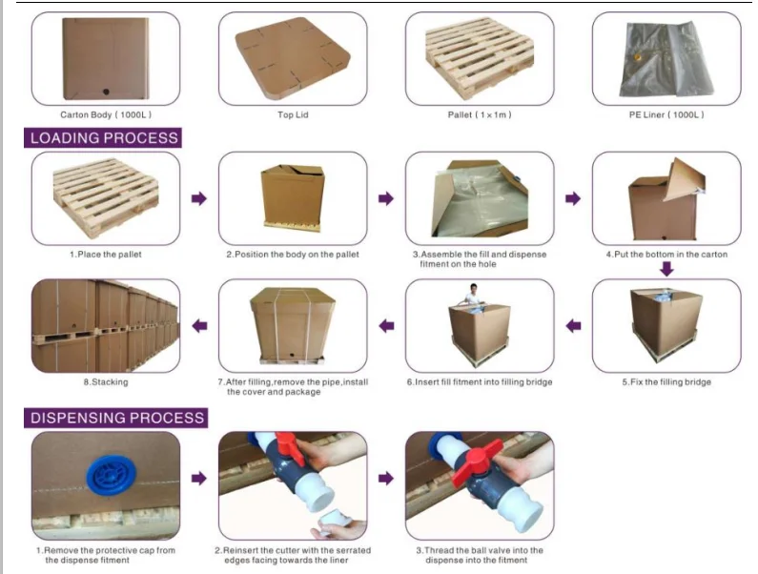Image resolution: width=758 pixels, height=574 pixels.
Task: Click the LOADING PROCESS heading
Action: coord(104,138)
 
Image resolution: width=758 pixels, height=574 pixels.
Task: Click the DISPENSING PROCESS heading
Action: coord(117,418)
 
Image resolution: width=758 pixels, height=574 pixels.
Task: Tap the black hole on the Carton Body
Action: coord(107,92)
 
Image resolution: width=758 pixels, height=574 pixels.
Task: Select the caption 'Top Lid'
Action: coord(293,114)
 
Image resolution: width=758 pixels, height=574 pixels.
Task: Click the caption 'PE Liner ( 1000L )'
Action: coord(666,114)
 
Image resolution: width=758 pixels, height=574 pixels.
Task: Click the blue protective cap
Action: coord(111,476)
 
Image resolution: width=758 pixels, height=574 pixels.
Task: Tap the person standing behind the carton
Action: coord(473,294)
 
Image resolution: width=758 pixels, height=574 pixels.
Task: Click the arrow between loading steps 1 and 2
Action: coord(198,198)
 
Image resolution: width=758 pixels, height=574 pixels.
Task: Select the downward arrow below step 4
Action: coord(666,269)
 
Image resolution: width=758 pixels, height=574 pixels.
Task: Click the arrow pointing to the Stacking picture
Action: coord(199,326)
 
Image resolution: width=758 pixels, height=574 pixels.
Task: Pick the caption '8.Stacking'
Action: coord(106,382)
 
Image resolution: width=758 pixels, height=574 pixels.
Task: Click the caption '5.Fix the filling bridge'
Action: coord(666,382)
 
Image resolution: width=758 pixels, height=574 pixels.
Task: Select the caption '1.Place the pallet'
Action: coord(106,255)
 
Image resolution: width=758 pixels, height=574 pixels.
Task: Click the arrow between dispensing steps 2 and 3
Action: coord(385,479)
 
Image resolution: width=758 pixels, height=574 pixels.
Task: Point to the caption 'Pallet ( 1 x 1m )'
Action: coord(480,114)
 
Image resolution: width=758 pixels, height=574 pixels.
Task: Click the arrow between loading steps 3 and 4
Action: coord(573,198)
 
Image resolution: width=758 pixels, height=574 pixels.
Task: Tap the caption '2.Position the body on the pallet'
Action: coord(293,255)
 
